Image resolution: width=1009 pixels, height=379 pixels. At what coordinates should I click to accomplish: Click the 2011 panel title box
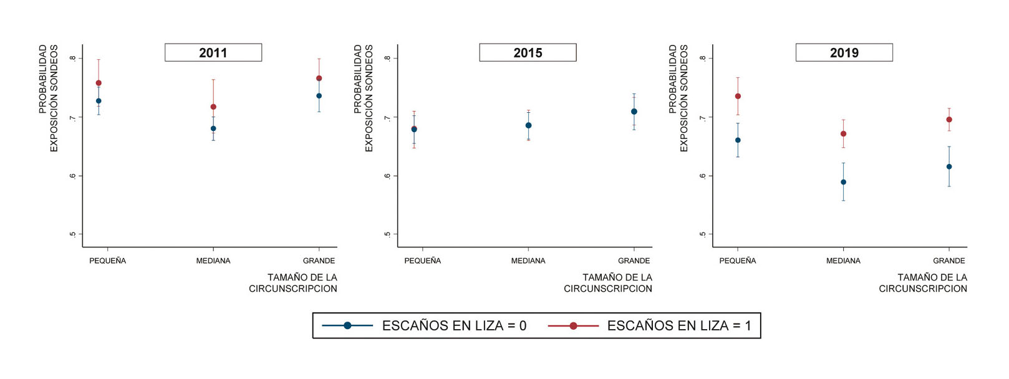point(213,53)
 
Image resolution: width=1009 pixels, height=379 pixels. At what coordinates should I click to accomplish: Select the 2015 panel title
point(528,53)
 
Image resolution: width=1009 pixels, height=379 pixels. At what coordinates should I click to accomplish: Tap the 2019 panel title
point(844,53)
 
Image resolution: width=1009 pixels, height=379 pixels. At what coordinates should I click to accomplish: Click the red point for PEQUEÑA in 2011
point(99,83)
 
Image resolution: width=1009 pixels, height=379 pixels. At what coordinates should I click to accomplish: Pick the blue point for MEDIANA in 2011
point(213,128)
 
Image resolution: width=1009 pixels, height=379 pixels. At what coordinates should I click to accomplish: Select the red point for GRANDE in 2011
point(319,79)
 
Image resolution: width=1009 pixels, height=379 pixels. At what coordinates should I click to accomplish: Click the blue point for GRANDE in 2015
point(634,112)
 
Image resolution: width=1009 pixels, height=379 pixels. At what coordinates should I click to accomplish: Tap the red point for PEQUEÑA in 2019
point(738,96)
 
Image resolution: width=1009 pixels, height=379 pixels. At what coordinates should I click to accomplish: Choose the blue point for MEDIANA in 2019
point(844,182)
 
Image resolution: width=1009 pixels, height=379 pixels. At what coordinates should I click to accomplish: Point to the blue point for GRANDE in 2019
point(949,166)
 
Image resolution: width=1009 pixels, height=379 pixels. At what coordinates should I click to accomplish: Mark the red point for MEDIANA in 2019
point(844,133)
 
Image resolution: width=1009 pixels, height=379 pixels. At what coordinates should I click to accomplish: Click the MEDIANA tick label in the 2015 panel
point(528,261)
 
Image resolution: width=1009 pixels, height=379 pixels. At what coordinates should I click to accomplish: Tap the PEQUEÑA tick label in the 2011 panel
point(108,261)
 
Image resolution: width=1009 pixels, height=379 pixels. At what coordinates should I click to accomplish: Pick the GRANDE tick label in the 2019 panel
point(949,261)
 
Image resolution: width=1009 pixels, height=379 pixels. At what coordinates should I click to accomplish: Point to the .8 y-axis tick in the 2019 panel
point(703,59)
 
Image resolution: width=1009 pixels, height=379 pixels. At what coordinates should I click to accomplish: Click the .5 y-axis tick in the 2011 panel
point(73,234)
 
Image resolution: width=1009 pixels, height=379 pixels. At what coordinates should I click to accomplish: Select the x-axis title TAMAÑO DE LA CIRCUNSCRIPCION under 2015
point(608,283)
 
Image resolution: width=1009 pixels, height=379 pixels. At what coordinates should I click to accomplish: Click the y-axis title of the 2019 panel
point(678,97)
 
